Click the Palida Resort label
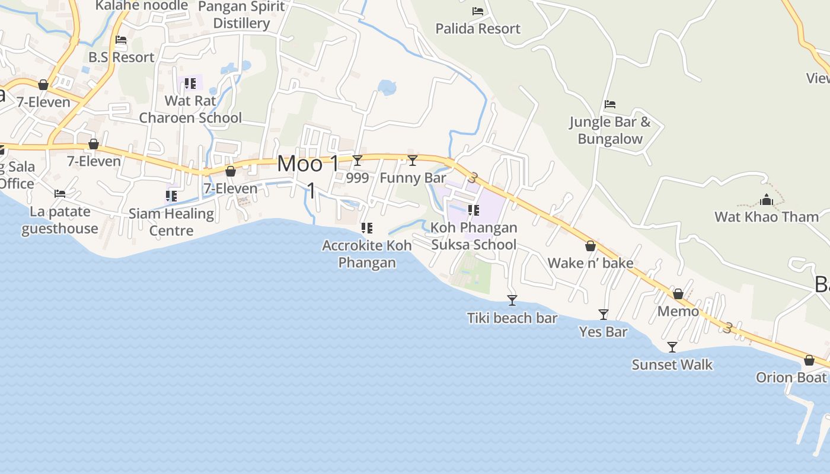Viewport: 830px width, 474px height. (x=478, y=28)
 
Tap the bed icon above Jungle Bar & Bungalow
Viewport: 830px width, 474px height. (x=610, y=104)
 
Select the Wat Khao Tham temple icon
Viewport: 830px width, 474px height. (x=767, y=200)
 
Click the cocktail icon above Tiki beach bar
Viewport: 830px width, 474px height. (x=512, y=300)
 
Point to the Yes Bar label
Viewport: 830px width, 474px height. (x=603, y=332)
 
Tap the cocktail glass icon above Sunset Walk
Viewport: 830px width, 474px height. (x=672, y=347)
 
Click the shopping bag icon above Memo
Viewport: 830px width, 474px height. (x=678, y=294)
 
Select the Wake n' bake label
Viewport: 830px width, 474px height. (x=590, y=263)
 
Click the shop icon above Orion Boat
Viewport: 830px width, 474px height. (x=809, y=360)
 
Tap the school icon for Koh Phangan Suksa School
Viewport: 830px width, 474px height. (x=473, y=210)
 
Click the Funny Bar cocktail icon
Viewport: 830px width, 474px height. (x=413, y=161)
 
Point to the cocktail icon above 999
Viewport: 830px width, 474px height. (x=357, y=161)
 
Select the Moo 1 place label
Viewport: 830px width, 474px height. (x=308, y=164)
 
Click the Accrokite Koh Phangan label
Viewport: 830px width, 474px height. (x=367, y=254)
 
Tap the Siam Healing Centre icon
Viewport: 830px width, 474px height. (x=171, y=196)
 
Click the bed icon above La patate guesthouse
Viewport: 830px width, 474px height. (x=60, y=194)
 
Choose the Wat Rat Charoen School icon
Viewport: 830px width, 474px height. (x=190, y=84)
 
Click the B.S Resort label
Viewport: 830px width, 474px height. (x=121, y=57)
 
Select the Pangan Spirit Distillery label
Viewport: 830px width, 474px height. (x=241, y=15)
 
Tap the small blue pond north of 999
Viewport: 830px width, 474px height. (x=387, y=88)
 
